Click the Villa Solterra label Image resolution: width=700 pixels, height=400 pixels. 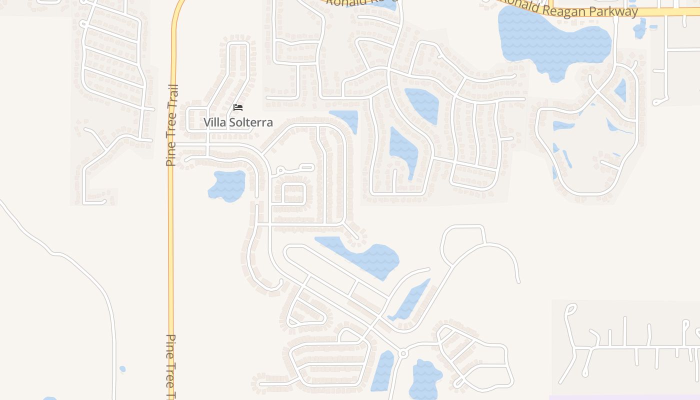point(238,122)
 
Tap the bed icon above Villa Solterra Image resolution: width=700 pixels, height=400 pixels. point(238,107)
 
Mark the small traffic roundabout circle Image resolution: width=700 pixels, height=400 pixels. point(402,354)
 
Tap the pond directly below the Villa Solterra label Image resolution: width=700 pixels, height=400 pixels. point(227,185)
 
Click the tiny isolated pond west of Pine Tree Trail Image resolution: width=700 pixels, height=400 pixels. point(122,369)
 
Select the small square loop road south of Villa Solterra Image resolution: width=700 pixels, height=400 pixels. point(295,194)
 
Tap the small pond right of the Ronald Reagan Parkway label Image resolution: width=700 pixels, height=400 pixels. point(640,28)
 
